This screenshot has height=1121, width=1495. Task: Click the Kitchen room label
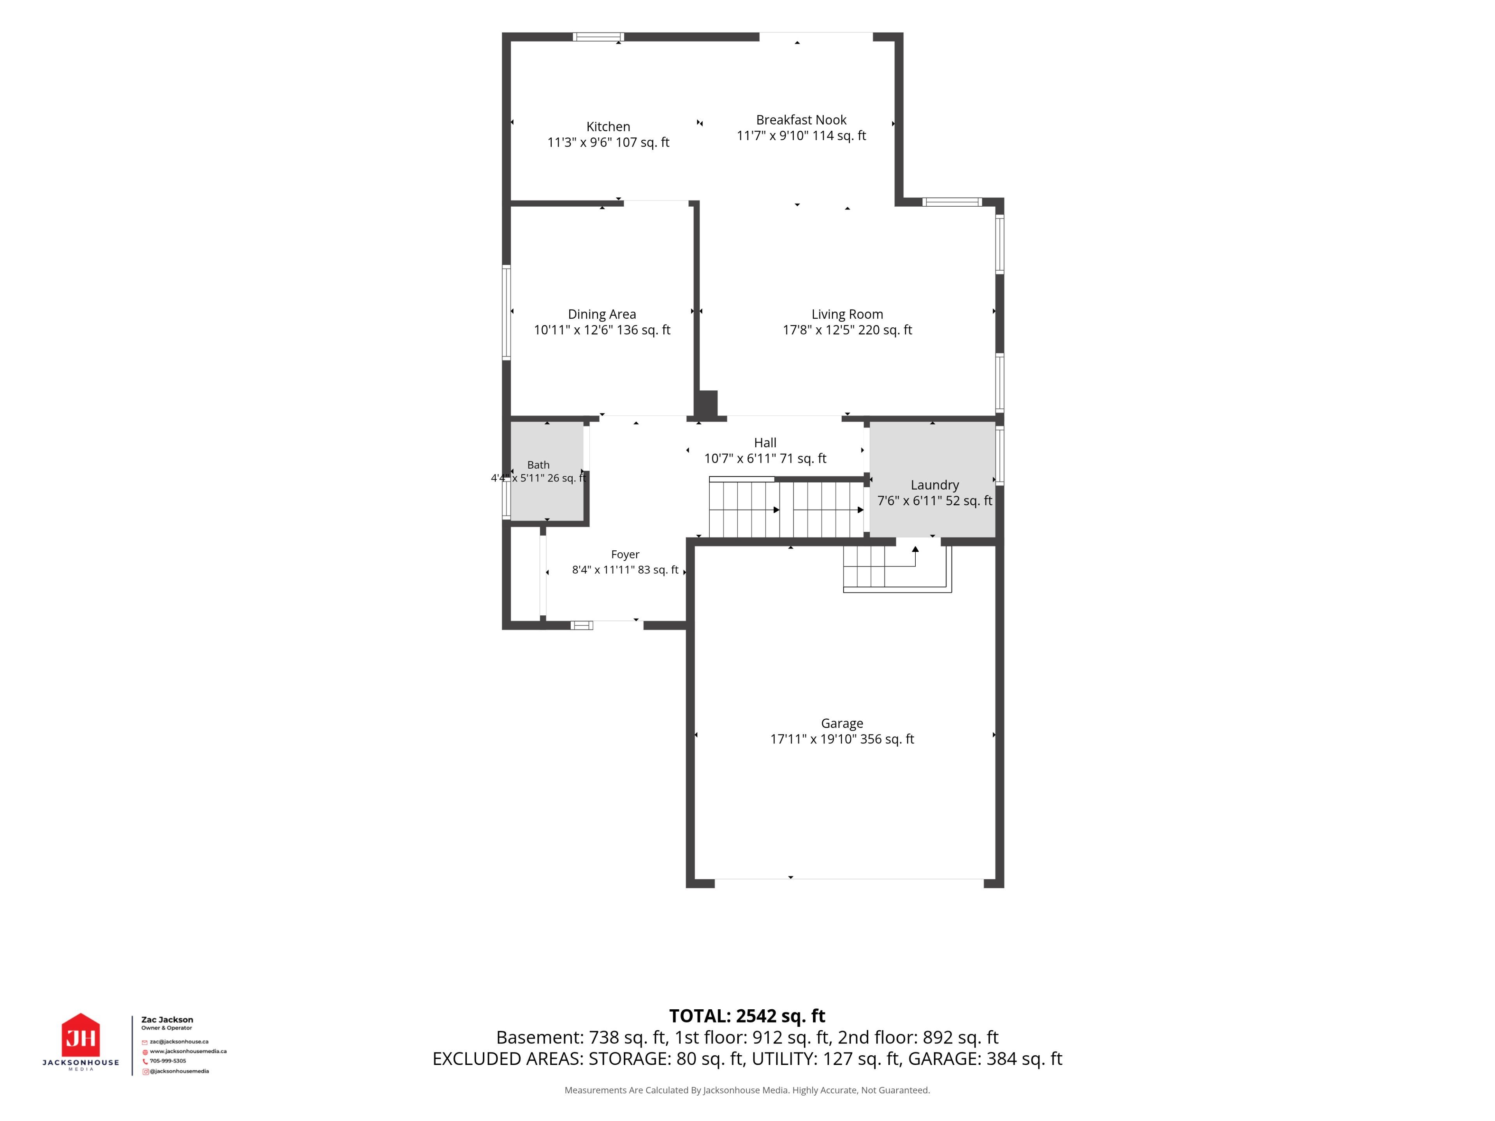coord(608,127)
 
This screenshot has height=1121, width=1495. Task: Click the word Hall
coord(765,443)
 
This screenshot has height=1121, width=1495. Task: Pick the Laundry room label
coord(935,485)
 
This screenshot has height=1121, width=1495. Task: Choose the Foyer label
coord(625,555)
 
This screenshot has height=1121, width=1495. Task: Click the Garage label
coord(842,723)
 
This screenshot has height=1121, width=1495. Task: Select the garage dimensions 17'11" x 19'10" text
coord(813,739)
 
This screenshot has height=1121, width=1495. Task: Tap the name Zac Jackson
coord(167,1020)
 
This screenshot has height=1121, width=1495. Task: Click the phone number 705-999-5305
coord(168,1061)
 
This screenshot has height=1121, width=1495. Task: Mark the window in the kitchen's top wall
coord(598,37)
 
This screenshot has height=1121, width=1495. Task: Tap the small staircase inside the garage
coord(897,569)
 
